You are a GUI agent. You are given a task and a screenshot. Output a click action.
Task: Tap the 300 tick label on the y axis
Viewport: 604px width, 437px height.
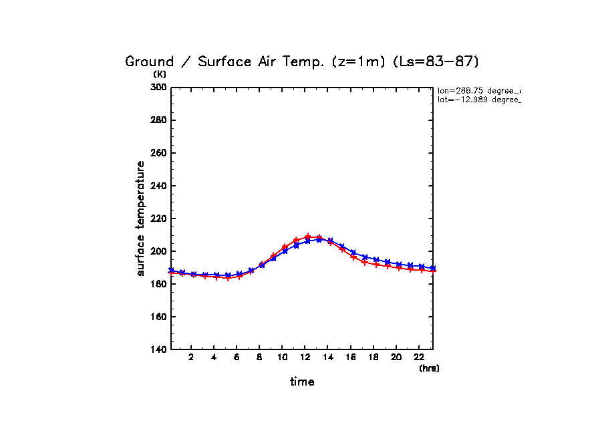click(x=158, y=88)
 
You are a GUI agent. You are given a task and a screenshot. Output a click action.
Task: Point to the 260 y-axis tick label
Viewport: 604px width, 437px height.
click(x=158, y=153)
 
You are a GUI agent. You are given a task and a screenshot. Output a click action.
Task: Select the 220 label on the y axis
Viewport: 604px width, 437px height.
click(x=158, y=218)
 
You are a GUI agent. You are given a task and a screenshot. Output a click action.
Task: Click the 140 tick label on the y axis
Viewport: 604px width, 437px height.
click(x=158, y=349)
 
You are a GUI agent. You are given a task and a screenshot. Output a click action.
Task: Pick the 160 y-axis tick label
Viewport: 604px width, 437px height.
click(x=158, y=317)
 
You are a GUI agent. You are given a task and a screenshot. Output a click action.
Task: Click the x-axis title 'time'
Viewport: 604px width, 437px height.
click(x=302, y=382)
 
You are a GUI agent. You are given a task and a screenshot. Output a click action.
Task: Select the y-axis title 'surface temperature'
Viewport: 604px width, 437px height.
click(x=141, y=218)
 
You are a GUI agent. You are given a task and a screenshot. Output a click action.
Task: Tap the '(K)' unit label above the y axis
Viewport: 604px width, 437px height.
click(x=160, y=75)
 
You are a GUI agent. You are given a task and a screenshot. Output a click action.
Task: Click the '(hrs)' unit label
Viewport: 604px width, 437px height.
click(x=429, y=368)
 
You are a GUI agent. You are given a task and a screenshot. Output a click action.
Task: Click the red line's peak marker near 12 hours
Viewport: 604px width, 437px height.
click(x=308, y=237)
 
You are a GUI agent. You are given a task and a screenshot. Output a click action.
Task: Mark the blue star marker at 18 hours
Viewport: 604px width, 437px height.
click(x=376, y=259)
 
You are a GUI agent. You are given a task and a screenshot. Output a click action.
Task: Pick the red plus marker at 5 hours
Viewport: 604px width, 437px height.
click(x=228, y=278)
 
